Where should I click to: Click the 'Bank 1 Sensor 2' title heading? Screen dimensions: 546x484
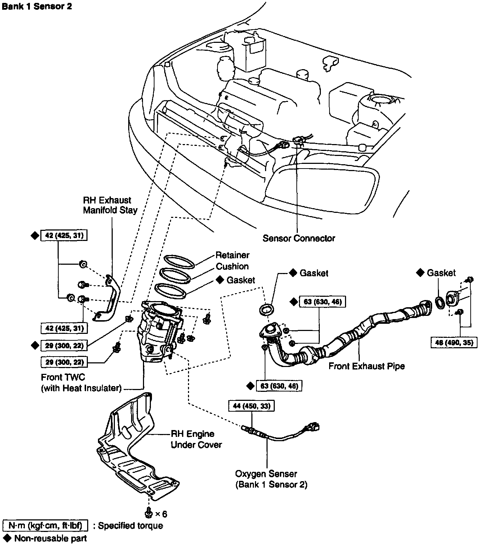[37, 7]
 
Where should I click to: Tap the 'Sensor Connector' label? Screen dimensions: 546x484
[299, 238]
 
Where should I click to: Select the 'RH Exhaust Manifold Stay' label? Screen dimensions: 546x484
[110, 205]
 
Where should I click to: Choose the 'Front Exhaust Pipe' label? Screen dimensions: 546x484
[367, 366]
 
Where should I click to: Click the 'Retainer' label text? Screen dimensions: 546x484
[232, 255]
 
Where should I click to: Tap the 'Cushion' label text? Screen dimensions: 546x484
[232, 267]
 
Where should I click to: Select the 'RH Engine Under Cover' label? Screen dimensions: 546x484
[196, 439]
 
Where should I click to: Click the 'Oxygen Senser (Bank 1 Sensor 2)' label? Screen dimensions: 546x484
[271, 479]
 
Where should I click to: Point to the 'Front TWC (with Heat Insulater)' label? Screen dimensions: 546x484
[81, 382]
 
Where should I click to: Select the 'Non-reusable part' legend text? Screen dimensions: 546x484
[50, 538]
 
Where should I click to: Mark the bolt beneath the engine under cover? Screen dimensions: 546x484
[148, 511]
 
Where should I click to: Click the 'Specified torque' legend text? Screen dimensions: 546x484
[130, 525]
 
